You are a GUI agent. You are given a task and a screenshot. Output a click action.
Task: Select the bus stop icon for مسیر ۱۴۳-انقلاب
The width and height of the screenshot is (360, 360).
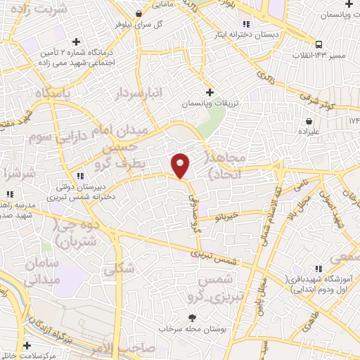320,41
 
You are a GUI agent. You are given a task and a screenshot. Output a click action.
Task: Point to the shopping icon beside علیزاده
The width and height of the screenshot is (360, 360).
309,120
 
